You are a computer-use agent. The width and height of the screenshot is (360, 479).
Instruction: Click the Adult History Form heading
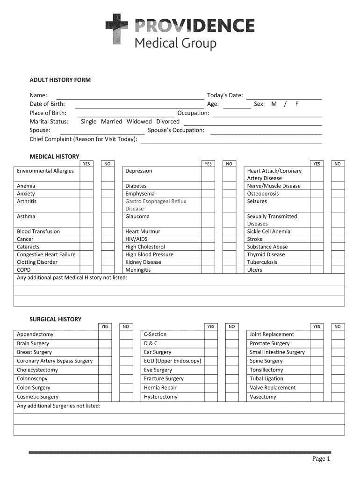click(x=60, y=80)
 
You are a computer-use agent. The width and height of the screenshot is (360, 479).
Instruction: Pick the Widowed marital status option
click(x=139, y=122)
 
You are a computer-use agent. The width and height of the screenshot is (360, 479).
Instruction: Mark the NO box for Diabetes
click(x=229, y=186)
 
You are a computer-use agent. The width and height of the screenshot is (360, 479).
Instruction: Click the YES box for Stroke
click(x=317, y=239)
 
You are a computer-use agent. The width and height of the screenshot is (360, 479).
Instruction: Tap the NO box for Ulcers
click(x=338, y=270)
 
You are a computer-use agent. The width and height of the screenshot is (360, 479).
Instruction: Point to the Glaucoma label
click(x=137, y=217)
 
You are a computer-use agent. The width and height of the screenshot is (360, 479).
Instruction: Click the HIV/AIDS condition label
click(x=136, y=239)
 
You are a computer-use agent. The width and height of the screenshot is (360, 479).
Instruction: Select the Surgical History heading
click(x=56, y=319)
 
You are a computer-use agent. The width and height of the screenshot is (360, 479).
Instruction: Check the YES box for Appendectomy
click(x=105, y=334)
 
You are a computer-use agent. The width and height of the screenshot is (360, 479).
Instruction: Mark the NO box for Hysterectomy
click(x=232, y=397)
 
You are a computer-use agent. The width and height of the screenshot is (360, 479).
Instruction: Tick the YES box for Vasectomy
click(x=317, y=397)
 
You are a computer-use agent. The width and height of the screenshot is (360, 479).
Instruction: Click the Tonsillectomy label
click(x=266, y=370)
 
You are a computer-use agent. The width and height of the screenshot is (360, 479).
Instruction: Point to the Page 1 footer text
click(x=322, y=459)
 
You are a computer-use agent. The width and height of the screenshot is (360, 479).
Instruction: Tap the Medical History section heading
click(x=55, y=156)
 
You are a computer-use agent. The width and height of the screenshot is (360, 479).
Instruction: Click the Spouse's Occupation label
click(x=176, y=130)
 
